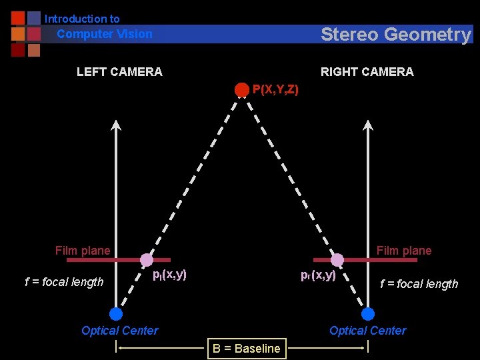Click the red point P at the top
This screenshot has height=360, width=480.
(x=242, y=89)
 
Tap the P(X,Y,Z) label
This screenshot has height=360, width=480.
(x=275, y=89)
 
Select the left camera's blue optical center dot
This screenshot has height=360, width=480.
(x=116, y=314)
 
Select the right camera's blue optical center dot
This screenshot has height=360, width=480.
(x=367, y=314)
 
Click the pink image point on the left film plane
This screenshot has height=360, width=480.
(x=147, y=260)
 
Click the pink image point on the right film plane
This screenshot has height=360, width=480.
(x=337, y=260)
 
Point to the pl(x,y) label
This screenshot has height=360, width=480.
(x=169, y=274)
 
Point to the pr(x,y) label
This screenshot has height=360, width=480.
(x=318, y=275)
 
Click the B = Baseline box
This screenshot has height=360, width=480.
(x=247, y=348)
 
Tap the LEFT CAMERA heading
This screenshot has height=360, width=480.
(x=119, y=72)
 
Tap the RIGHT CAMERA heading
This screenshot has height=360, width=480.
(x=367, y=72)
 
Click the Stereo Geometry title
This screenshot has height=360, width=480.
(x=395, y=35)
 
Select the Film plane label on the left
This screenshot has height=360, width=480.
(x=83, y=251)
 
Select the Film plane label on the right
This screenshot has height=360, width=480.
(x=404, y=251)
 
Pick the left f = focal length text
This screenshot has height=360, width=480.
(x=64, y=282)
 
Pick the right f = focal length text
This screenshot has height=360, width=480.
(x=419, y=284)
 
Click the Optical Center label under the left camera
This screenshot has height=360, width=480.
(x=120, y=331)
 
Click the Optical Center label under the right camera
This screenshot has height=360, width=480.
(x=368, y=331)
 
